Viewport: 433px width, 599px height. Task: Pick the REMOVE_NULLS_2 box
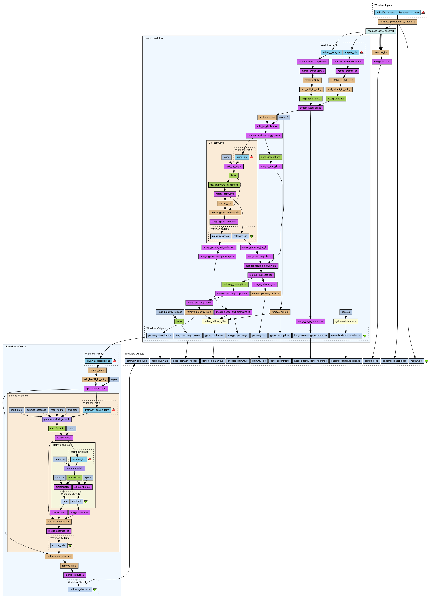[342, 80]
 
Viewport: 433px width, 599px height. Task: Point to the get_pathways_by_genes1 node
[224, 185]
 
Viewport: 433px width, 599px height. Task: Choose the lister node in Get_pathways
[234, 175]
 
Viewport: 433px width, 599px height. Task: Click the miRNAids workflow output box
[416, 361]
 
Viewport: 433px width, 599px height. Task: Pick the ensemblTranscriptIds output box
[394, 361]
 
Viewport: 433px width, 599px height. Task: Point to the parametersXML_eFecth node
[57, 419]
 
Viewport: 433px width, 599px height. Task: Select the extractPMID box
[64, 438]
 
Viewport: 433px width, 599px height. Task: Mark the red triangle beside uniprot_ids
[361, 52]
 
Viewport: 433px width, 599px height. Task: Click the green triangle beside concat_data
[70, 545]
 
